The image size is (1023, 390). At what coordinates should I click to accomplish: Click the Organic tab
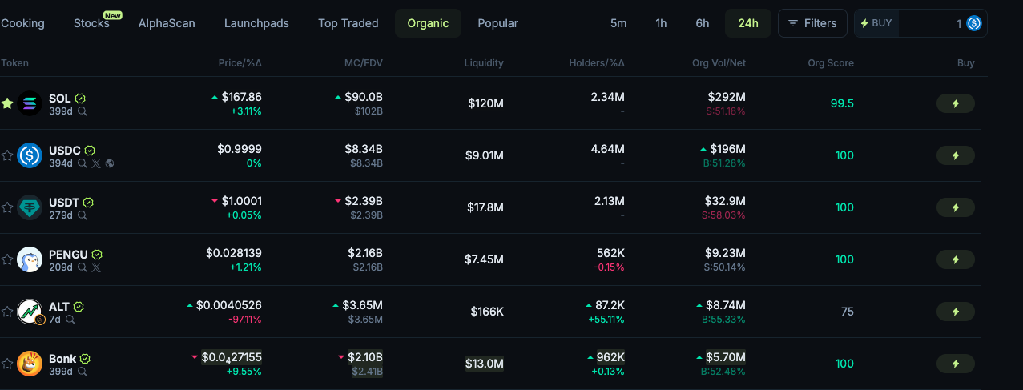click(x=428, y=23)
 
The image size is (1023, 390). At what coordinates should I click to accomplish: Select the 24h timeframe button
click(x=747, y=23)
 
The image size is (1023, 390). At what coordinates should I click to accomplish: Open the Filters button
click(x=812, y=23)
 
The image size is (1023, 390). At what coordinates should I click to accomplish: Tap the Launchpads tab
click(x=256, y=23)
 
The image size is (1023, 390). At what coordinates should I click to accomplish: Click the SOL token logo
click(x=30, y=103)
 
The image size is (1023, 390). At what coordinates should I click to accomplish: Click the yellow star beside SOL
click(x=7, y=103)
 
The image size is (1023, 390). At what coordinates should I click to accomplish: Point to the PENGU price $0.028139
click(x=233, y=253)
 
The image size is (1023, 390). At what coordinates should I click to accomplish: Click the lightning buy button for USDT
click(x=955, y=207)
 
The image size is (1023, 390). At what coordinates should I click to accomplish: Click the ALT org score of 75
click(x=847, y=312)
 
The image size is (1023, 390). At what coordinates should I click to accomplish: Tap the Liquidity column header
click(x=484, y=63)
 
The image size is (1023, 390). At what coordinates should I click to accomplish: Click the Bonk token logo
click(x=30, y=364)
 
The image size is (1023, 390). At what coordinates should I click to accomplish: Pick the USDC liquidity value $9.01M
click(x=484, y=155)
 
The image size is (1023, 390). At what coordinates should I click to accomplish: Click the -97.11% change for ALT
click(x=244, y=320)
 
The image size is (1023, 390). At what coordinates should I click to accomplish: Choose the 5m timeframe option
click(x=618, y=23)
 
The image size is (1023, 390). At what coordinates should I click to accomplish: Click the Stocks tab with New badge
click(x=91, y=23)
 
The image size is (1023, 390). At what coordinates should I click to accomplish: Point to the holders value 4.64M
click(x=607, y=149)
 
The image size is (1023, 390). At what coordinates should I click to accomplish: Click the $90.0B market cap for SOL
click(x=364, y=97)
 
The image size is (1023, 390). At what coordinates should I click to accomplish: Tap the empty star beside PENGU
click(x=7, y=259)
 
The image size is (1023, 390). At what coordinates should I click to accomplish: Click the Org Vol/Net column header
click(x=719, y=63)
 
